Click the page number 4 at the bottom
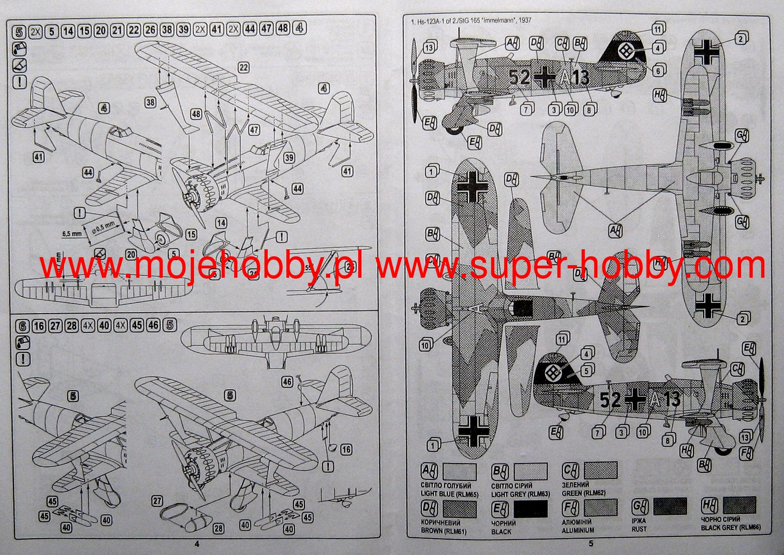coord(196,543)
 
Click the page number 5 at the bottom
coord(590,543)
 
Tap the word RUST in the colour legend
coord(639,529)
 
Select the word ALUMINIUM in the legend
coord(578,530)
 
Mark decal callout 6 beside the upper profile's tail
coord(658,71)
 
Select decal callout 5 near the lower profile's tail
coord(586,371)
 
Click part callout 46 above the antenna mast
coord(287,382)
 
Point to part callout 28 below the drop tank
coord(218,528)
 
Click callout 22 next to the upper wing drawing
coord(243,67)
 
